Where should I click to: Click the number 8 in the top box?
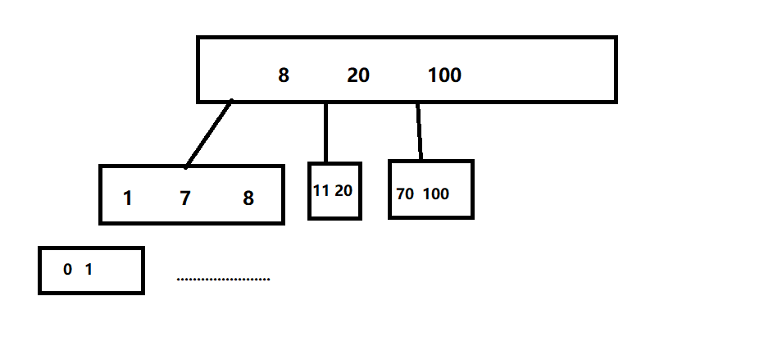pyautogui.click(x=284, y=75)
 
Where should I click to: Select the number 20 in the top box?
pyautogui.click(x=358, y=75)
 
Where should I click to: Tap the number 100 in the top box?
pyautogui.click(x=444, y=75)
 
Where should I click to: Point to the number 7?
pyautogui.click(x=185, y=198)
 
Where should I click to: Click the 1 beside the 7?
pyautogui.click(x=128, y=198)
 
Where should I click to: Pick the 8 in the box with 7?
pyautogui.click(x=248, y=198)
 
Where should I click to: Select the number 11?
pyautogui.click(x=321, y=191)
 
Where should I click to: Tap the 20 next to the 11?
pyautogui.click(x=344, y=191)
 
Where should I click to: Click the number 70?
pyautogui.click(x=405, y=194)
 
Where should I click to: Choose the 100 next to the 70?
pyautogui.click(x=436, y=194)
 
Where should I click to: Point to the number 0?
pyautogui.click(x=67, y=269)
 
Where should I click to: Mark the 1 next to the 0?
pyautogui.click(x=89, y=269)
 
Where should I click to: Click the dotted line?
pyautogui.click(x=223, y=280)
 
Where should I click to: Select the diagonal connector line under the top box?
pyautogui.click(x=209, y=134)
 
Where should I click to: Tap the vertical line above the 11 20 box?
pyautogui.click(x=326, y=132)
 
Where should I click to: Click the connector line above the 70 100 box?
pyautogui.click(x=419, y=131)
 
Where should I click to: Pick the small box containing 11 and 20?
pyautogui.click(x=334, y=208)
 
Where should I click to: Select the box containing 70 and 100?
pyautogui.click(x=431, y=209)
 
